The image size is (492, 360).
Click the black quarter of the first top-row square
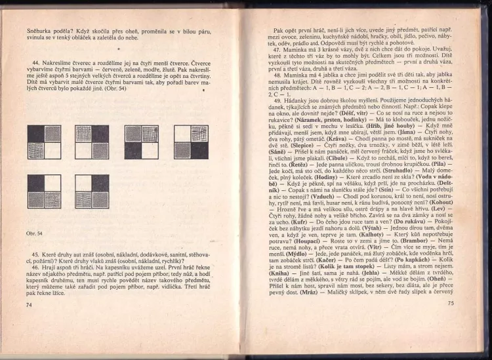pos(35,134)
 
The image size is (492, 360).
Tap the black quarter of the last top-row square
pos(198,150)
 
